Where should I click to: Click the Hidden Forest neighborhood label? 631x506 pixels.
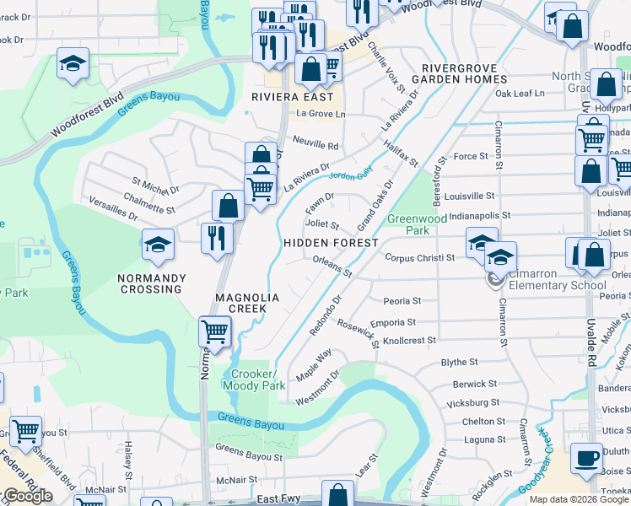pos(331,243)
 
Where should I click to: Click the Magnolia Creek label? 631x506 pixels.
pos(241,303)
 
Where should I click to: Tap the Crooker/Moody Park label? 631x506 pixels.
pos(250,379)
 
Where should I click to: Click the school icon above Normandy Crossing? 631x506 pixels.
pos(158,245)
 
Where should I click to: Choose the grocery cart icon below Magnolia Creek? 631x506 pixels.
pos(215,331)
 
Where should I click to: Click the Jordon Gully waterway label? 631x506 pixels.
pos(350,176)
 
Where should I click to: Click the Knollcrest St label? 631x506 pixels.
pos(409,341)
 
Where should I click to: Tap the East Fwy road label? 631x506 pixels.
pos(279,499)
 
